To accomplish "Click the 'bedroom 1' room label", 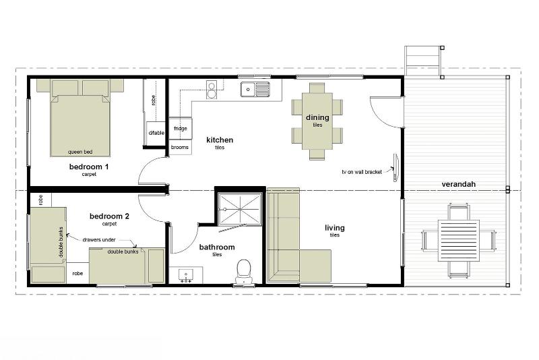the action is pos(89,167).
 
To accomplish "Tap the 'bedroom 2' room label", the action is pos(109,216).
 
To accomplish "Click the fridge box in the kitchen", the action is pos(180,128).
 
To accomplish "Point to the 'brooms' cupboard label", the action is pos(179,147).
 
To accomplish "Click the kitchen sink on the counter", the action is pos(255,89).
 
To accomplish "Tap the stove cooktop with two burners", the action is pos(212,90).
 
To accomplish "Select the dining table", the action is pos(317,121).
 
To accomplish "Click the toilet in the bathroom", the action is pos(244,271).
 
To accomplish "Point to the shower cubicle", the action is pos(240,209).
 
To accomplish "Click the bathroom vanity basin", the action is pos(186,276).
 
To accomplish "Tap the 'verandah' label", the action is pos(459,184).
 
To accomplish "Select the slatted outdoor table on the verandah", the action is pos(458,241).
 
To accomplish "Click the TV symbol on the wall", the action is pos(396,167).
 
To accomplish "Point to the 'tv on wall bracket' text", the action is pos(362,172).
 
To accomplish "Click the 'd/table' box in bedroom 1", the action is pos(156,133).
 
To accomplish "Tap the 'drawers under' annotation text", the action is pos(99,239).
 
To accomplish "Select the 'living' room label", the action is pos(335,228).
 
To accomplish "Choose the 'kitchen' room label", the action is pos(220,140).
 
